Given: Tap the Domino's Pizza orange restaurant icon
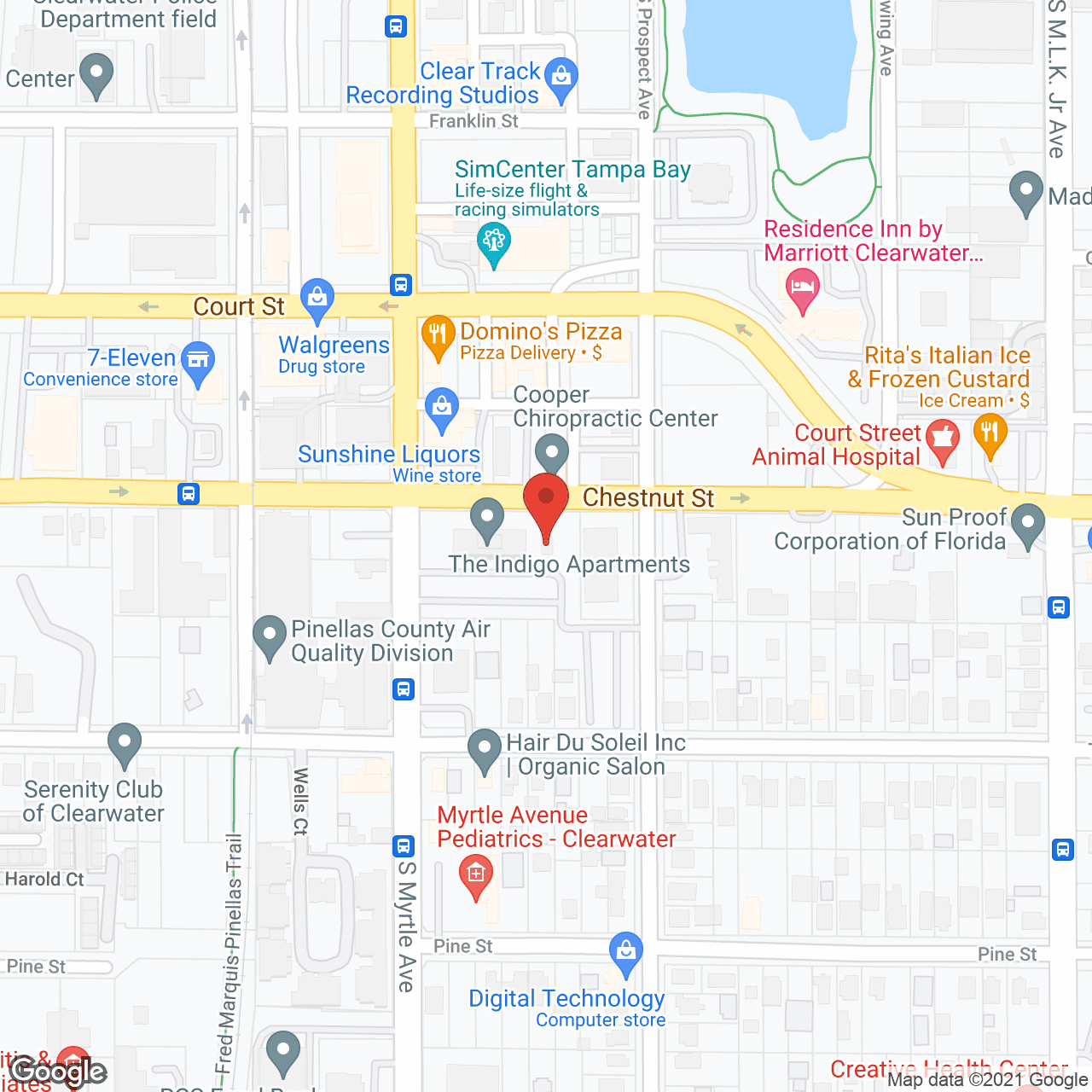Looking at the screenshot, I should [x=438, y=335].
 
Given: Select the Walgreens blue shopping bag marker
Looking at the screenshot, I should [x=317, y=299].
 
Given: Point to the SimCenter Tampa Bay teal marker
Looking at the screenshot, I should [x=493, y=242].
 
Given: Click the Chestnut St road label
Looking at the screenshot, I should [x=648, y=498].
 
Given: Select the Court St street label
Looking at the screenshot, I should [x=239, y=306].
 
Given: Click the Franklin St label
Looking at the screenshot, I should [x=473, y=121].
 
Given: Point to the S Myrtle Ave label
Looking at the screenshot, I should [x=406, y=926].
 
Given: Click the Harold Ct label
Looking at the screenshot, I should [x=44, y=879].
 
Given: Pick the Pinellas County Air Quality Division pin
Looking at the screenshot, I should [x=270, y=636].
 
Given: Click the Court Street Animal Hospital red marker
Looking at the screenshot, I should [x=942, y=439].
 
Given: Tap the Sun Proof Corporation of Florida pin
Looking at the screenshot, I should [x=1027, y=524].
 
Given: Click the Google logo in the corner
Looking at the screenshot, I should [x=58, y=1072].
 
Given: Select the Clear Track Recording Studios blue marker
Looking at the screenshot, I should [x=561, y=78].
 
